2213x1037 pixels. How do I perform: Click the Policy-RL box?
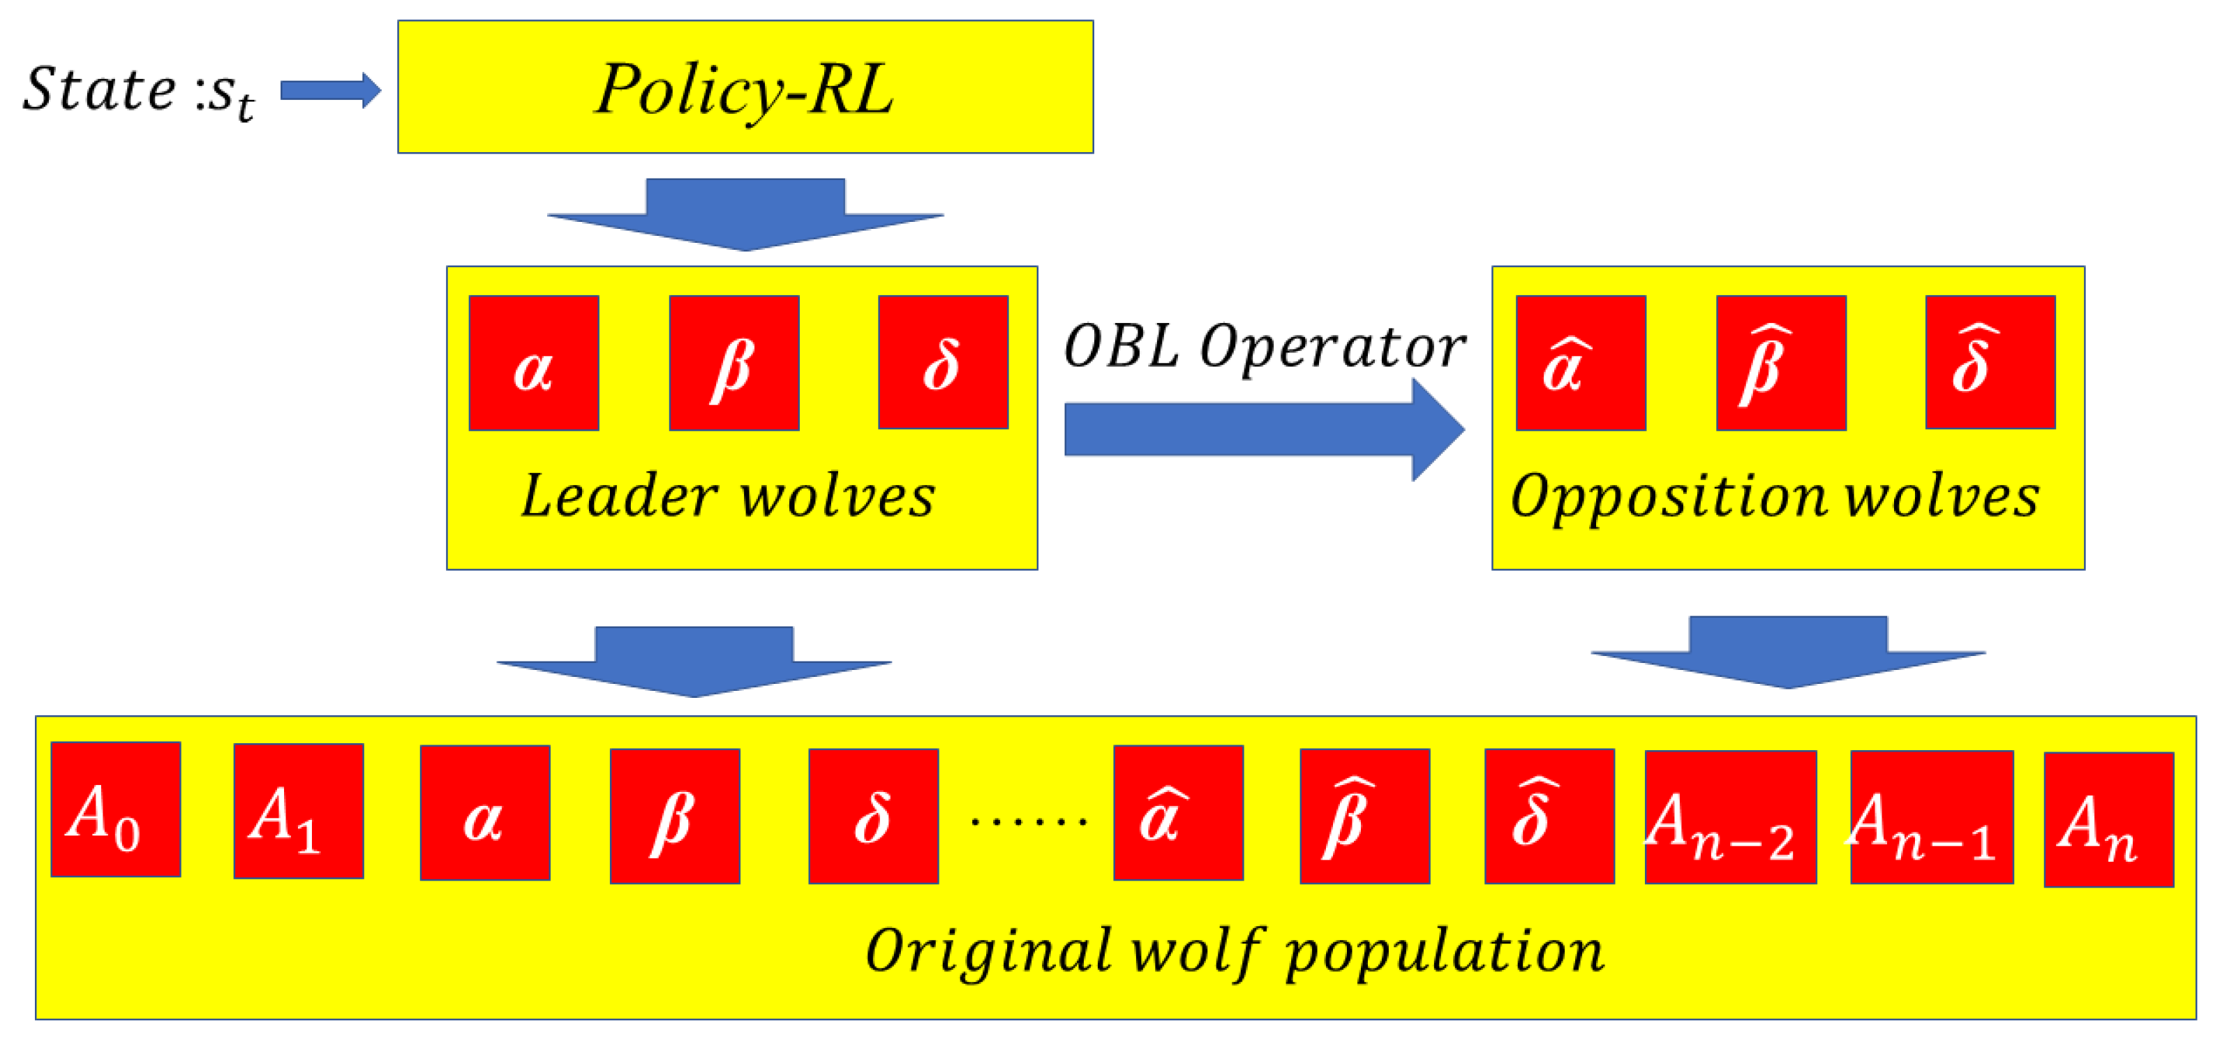[745, 87]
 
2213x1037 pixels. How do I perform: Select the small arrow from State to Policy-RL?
[330, 90]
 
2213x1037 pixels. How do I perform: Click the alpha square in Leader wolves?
[533, 363]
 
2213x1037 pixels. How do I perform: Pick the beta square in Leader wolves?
[733, 363]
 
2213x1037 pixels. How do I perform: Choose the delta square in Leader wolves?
[942, 361]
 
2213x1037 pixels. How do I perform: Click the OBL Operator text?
[1264, 346]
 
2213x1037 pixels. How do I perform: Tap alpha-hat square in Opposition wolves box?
[1580, 363]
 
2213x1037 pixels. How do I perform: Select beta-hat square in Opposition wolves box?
[1781, 363]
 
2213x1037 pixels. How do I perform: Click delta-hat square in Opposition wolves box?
[1990, 361]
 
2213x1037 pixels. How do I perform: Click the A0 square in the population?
[116, 810]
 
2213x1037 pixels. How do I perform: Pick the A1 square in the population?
[298, 811]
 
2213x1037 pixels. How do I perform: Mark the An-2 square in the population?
[1729, 817]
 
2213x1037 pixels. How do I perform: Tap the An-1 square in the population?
[1931, 817]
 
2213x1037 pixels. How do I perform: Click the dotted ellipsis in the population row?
[1027, 821]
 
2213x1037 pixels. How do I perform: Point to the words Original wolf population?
[1235, 951]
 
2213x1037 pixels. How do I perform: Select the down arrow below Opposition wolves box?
[1788, 651]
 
